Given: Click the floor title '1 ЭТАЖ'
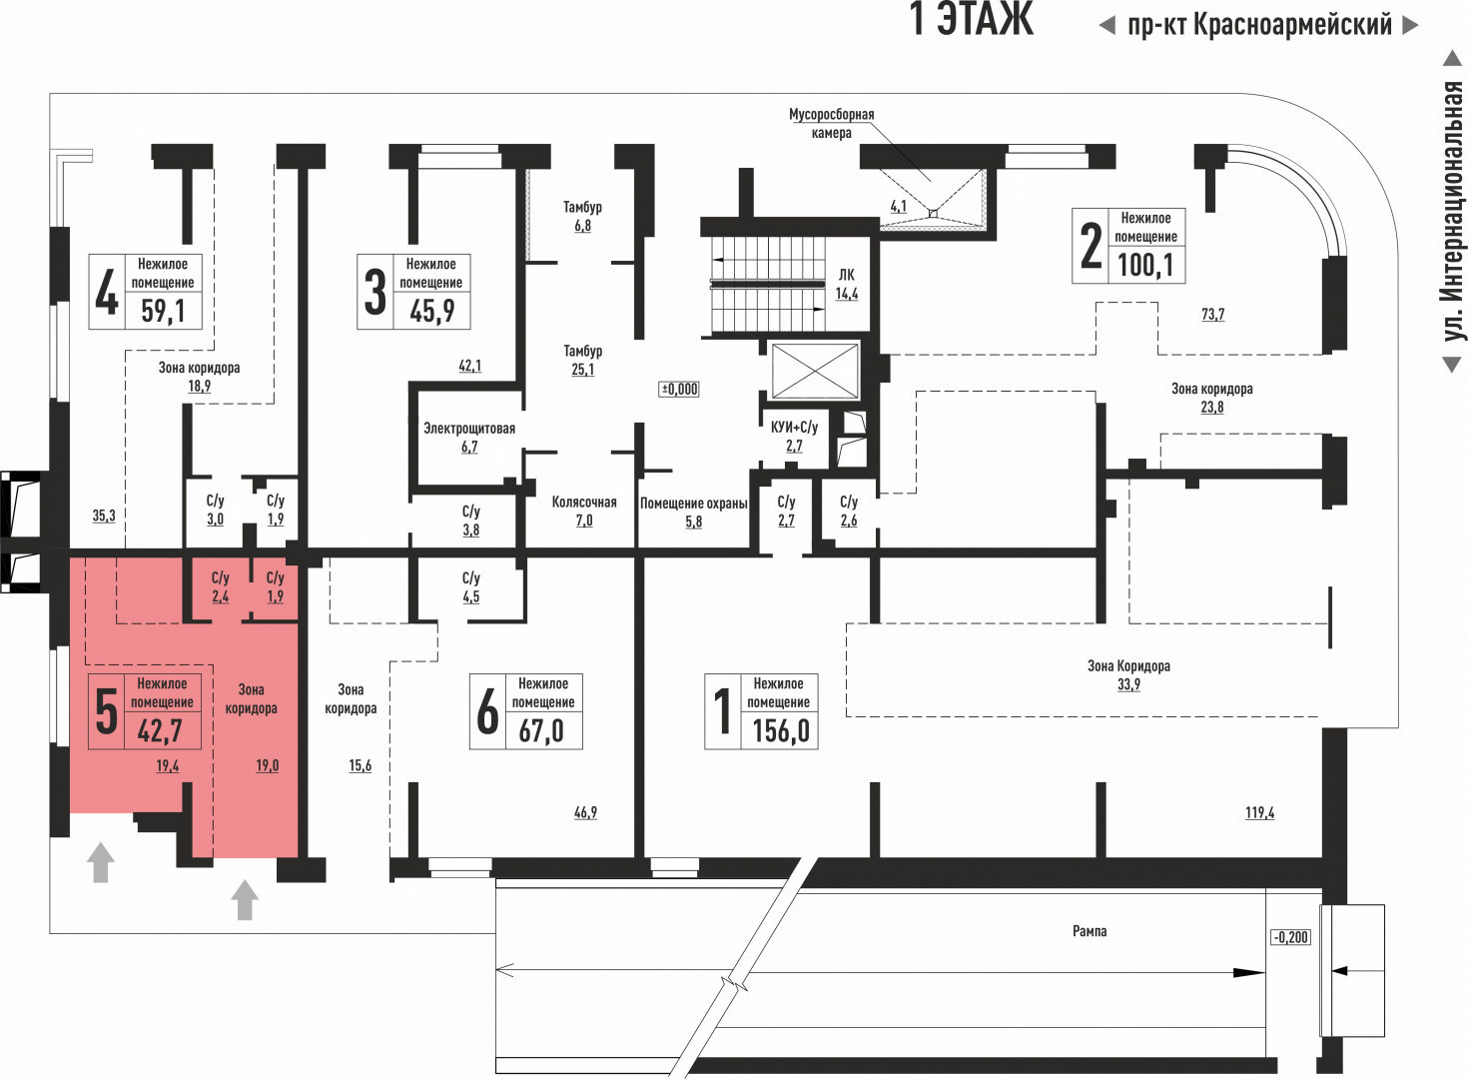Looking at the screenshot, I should (x=971, y=20).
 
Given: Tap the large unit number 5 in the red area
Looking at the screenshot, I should (x=106, y=710).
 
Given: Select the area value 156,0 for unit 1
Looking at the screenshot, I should (x=780, y=730).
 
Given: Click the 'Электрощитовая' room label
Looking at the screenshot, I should (x=469, y=429).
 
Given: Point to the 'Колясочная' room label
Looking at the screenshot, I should (x=584, y=503).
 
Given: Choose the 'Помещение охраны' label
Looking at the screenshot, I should (x=693, y=504).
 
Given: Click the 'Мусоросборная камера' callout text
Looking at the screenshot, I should (x=831, y=123).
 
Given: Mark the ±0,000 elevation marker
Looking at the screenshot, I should (x=680, y=389).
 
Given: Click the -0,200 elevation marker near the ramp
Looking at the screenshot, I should (x=1290, y=937).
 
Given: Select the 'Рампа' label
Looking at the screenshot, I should (x=1090, y=931).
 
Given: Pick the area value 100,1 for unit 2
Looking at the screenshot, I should (x=1145, y=265).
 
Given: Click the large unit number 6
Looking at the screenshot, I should (x=486, y=710).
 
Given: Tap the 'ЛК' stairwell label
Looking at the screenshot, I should (x=846, y=275).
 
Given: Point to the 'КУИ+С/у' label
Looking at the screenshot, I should (x=794, y=428).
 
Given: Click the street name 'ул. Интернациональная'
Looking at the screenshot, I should (x=1453, y=211).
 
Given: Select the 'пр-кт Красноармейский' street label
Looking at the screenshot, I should (x=1258, y=25).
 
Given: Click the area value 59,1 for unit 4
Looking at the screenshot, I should (x=163, y=311).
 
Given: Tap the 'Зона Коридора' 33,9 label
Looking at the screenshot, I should (x=1128, y=666).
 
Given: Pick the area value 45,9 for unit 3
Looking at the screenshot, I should (x=431, y=311).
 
